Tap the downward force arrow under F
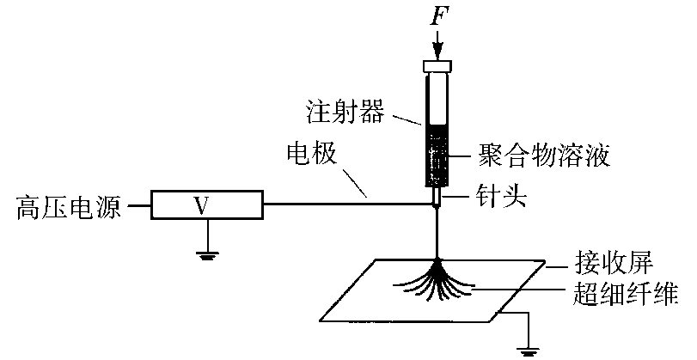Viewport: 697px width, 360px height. tap(438, 43)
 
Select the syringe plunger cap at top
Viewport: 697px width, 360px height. tap(438, 66)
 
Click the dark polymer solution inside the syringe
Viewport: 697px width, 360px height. tap(437, 155)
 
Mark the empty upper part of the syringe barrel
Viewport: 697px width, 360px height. tap(437, 99)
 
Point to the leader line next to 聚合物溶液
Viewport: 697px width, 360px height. tap(465, 158)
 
